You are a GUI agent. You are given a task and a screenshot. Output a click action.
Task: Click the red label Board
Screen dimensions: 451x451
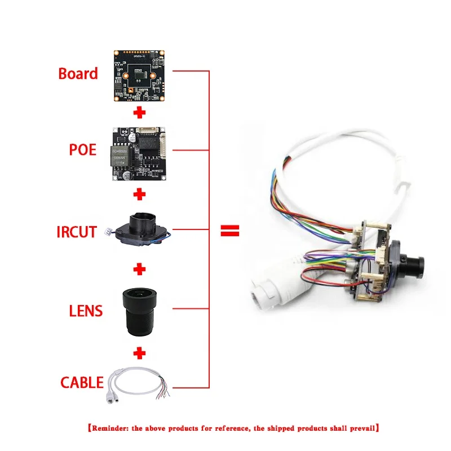[x=78, y=74]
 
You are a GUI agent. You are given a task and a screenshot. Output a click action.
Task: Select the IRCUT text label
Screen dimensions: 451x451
[x=77, y=231]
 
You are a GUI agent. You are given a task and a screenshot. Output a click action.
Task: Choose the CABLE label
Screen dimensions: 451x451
[x=82, y=383]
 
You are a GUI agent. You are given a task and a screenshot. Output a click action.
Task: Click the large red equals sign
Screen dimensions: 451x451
[x=229, y=231]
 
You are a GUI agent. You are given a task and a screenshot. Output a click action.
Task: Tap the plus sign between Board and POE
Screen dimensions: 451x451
[x=140, y=113]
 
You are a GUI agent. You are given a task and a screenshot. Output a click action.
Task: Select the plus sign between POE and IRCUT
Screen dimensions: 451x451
[x=140, y=194]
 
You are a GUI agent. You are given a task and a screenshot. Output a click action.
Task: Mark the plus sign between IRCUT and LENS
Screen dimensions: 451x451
[x=140, y=270]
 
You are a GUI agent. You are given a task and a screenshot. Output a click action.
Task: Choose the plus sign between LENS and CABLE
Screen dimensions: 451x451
[x=140, y=353]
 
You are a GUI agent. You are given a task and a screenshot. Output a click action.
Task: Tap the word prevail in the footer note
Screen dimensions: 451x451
[x=359, y=428]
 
